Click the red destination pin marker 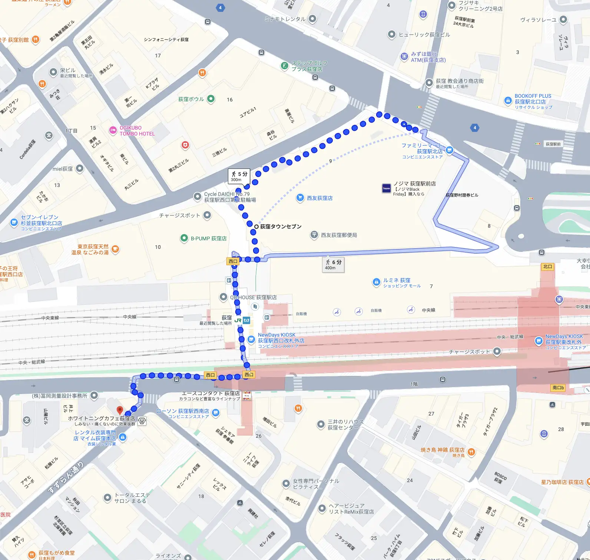click(120, 410)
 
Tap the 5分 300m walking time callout click(239, 176)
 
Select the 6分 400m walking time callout click(334, 264)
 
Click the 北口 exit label click(548, 267)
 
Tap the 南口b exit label click(558, 388)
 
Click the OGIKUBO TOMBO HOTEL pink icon click(113, 130)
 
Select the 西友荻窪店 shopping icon click(300, 198)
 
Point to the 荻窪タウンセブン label click(281, 226)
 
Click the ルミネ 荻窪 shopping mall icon click(376, 283)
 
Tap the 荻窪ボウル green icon click(211, 99)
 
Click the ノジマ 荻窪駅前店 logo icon click(387, 188)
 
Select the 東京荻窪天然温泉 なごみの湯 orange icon click(115, 249)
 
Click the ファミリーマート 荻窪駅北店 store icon click(450, 150)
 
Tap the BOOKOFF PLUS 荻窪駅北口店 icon click(508, 101)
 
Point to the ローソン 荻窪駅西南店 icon click(216, 413)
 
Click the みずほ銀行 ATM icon click(404, 56)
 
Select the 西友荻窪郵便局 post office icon click(314, 235)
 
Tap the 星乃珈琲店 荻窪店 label click(562, 482)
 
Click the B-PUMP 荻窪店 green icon click(184, 238)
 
